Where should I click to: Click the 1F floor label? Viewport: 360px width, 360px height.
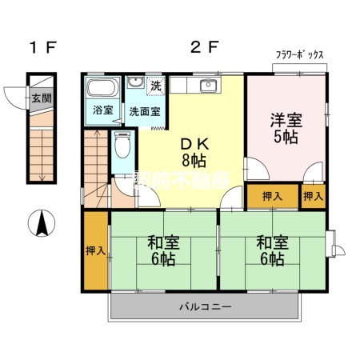coord(42,47)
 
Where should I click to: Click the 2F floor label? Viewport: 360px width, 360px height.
coord(204,47)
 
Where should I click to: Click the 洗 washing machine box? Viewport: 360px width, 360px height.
coord(155,86)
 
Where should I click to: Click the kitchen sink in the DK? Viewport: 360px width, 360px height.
coord(211,86)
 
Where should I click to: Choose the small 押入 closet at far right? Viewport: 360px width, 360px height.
coord(313,195)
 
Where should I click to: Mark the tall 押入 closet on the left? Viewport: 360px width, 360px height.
coord(95,251)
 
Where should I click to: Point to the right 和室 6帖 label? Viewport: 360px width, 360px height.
coord(271,250)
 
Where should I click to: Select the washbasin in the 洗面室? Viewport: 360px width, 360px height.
coord(135,85)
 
